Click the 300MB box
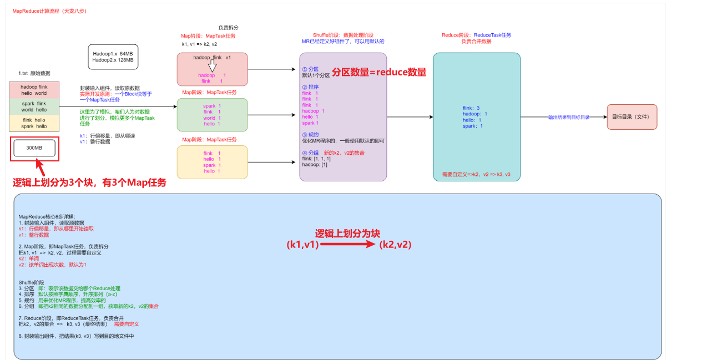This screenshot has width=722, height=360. (x=34, y=148)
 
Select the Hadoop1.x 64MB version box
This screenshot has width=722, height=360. (x=113, y=57)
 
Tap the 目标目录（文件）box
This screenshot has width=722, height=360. (x=632, y=117)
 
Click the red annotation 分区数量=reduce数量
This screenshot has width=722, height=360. (x=379, y=72)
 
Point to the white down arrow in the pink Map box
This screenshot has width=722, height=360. (x=212, y=67)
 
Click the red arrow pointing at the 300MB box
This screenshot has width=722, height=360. (x=42, y=167)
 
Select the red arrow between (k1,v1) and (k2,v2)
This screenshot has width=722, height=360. (x=349, y=244)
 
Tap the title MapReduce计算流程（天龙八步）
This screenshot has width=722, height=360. (x=49, y=11)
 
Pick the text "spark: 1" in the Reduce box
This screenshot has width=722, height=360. (x=473, y=126)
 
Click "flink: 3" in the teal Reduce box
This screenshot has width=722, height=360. (x=471, y=108)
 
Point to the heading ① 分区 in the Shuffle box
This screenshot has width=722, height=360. (x=310, y=69)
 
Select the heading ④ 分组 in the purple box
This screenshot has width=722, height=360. (x=310, y=153)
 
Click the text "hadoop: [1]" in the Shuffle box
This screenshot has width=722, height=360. (x=314, y=165)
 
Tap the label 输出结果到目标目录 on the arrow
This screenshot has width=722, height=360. (x=568, y=118)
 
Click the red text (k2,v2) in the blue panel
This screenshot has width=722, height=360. (x=395, y=244)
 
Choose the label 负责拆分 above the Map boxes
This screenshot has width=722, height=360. (x=228, y=27)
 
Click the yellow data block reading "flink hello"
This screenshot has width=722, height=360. (x=34, y=123)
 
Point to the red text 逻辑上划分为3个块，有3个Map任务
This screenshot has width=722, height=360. (x=89, y=183)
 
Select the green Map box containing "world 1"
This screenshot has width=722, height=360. (x=212, y=115)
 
